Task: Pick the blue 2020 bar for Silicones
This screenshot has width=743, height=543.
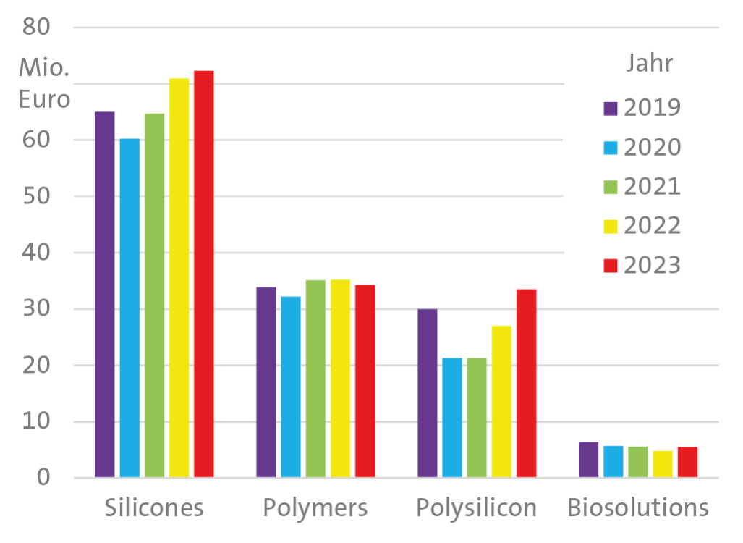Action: (x=130, y=308)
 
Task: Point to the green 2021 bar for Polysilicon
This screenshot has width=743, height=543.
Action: (x=477, y=418)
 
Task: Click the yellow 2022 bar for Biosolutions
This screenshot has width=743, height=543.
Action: (x=663, y=464)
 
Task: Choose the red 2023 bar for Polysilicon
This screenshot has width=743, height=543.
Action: (x=526, y=383)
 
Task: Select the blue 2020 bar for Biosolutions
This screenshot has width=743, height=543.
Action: (x=613, y=462)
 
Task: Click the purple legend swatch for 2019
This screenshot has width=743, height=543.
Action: (x=610, y=109)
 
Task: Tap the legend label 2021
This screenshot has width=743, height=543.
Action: (x=652, y=187)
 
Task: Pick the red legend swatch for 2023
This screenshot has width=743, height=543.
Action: (x=610, y=266)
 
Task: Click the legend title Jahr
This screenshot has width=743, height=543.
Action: (x=649, y=64)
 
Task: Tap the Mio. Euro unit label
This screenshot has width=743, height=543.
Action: (x=44, y=84)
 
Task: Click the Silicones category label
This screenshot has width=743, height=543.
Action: (x=154, y=508)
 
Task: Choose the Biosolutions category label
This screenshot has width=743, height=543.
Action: (x=637, y=508)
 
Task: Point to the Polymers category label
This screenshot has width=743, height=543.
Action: (x=315, y=508)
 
